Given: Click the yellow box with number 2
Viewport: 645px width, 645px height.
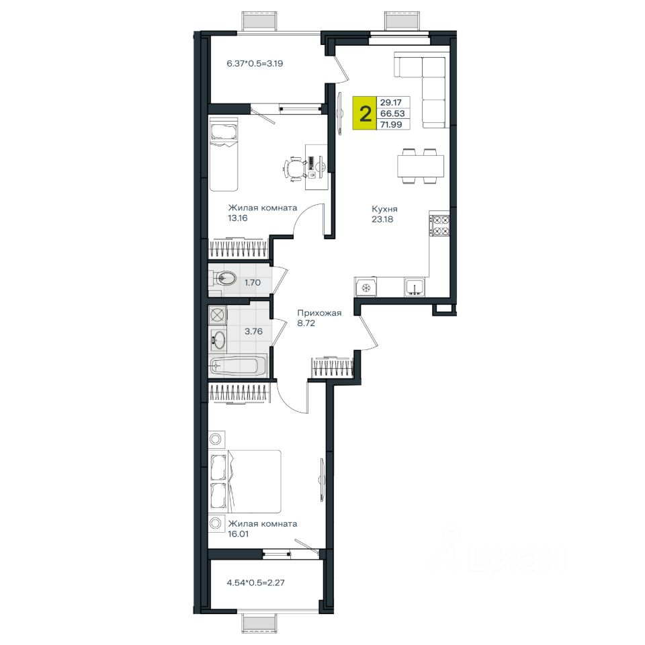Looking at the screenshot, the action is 364,113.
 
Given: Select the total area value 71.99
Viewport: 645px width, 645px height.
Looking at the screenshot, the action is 391,124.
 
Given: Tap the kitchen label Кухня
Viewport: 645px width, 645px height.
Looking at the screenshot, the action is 384,209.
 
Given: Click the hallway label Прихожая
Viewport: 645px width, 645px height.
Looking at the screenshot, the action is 319,313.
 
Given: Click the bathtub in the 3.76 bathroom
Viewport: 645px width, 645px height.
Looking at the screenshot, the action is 238,365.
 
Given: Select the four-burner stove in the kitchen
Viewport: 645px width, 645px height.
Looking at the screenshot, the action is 439,226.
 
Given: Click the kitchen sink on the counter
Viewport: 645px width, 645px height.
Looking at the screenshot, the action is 415,286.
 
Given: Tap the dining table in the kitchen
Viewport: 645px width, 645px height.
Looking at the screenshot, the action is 421,166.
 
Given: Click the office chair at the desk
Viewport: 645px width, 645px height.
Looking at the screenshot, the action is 294,168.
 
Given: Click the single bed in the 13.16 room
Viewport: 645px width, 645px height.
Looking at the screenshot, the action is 223,155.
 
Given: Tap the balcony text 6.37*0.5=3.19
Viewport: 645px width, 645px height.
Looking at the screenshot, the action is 255,64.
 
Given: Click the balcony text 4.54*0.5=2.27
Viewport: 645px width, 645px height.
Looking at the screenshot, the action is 255,583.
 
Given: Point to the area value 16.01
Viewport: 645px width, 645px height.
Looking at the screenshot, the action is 238,534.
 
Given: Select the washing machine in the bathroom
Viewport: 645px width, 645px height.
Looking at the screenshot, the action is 218,316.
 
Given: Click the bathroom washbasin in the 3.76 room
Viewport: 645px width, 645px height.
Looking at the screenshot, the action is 218,341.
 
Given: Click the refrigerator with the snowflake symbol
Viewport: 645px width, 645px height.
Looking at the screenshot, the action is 365,287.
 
